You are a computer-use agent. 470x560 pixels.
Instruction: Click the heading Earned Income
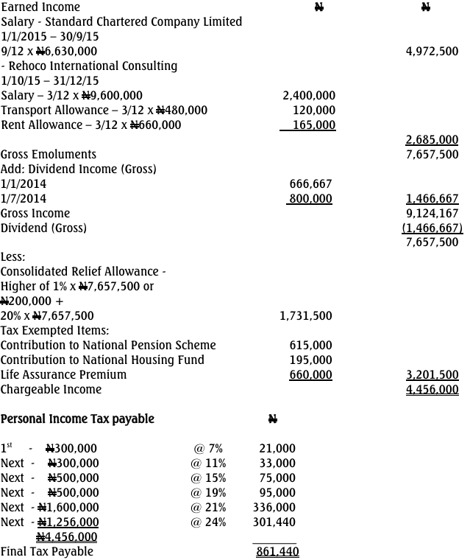pos(40,7)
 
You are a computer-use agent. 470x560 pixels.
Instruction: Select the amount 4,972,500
pos(432,52)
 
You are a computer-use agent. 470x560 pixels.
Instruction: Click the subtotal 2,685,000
pos(432,140)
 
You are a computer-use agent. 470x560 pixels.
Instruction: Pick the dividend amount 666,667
pos(312,184)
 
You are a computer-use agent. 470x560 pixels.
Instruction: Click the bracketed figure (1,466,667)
pos(432,228)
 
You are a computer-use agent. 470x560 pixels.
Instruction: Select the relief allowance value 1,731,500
pos(306,316)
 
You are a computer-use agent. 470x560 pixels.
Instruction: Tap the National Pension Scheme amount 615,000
pos(312,346)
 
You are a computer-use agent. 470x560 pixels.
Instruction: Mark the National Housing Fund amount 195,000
pos(312,360)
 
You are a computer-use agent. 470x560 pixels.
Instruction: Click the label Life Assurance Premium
pos(63,375)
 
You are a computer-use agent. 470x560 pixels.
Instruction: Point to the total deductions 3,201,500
pos(432,375)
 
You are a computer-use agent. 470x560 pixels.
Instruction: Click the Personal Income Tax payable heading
pos(77,419)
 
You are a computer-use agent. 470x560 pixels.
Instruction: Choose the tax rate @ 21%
pos(210,508)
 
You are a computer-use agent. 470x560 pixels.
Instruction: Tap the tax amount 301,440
pos(277,522)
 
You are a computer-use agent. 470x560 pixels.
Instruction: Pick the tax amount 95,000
pos(277,493)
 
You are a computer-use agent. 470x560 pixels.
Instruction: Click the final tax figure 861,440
pos(277,552)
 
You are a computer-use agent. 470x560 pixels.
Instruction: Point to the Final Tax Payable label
pos(47,552)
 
